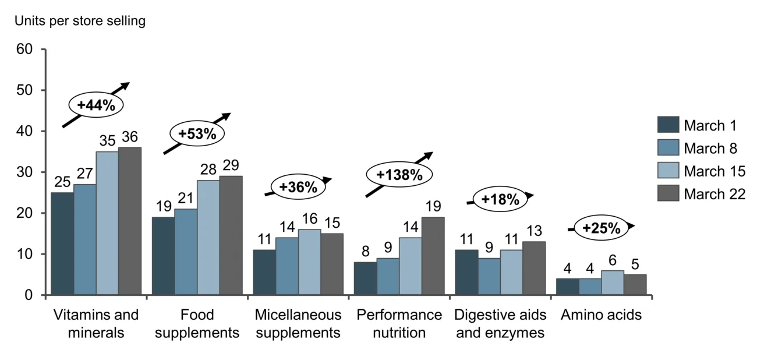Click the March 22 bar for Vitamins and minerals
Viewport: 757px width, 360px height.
129,221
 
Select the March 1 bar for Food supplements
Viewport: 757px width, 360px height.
163,256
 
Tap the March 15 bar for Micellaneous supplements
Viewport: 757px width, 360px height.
309,262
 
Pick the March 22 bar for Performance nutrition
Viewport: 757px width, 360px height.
433,256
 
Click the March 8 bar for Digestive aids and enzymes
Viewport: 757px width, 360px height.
489,277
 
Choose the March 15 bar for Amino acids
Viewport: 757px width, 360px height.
612,283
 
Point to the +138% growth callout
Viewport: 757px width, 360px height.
399,175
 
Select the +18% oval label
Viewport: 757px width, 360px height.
500,200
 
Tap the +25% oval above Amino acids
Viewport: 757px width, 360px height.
601,228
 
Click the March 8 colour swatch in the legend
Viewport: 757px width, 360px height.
668,149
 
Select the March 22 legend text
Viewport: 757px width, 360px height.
714,194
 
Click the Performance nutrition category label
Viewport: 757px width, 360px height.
399,324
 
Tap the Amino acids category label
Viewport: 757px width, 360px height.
601,315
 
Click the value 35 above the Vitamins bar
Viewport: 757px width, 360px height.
107,140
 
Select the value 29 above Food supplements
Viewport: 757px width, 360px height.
231,165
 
